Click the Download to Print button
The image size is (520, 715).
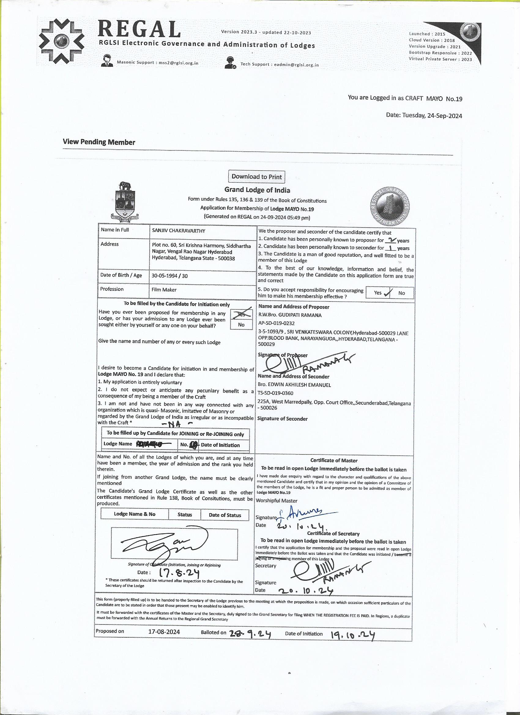256,176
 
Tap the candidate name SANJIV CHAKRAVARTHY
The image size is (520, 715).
179,231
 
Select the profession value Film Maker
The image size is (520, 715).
164,289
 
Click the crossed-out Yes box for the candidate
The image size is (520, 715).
241,314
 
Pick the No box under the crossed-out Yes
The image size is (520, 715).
241,325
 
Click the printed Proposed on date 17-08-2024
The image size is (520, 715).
164,632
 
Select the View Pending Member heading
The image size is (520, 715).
99,142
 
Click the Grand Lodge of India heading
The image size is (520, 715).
257,190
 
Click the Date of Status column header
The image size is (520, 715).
225,515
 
